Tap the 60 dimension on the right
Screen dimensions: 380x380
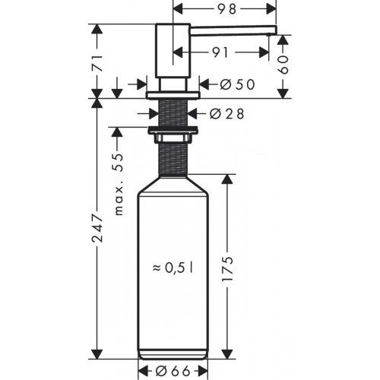coord(283,65)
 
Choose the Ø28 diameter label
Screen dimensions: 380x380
coord(225,114)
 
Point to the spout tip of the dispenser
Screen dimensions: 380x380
coord(272,32)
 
